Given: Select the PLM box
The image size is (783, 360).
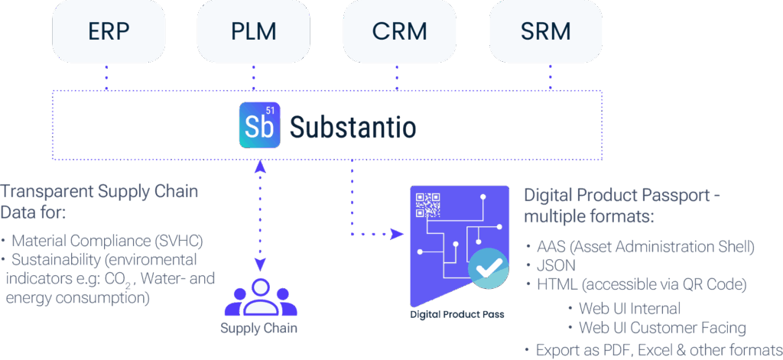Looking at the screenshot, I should tap(252, 33).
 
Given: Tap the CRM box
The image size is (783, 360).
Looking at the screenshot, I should tap(398, 33).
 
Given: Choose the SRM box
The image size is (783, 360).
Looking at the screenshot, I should tap(544, 33).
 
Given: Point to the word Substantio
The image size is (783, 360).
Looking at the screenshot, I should tap(353, 126).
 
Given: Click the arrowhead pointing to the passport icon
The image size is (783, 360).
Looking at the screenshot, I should tap(398, 232).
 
